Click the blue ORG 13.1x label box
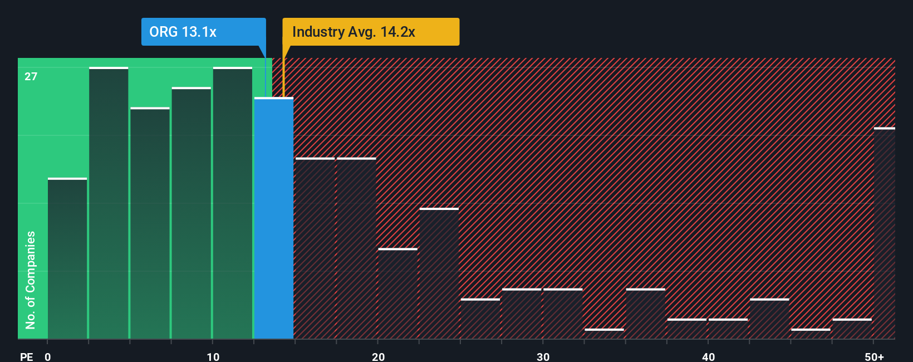coord(203,32)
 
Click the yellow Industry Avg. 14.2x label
coord(371,32)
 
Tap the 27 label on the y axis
coord(31,76)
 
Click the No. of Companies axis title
coord(31,280)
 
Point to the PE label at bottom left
coord(26,356)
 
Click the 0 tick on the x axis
coord(48,356)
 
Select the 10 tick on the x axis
coord(213,356)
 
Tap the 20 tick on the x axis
coord(378,356)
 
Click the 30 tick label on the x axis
coord(543,356)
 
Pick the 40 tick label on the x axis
coord(708,356)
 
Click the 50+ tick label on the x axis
coord(874,356)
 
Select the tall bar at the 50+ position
coord(884,234)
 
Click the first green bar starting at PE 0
coord(67,259)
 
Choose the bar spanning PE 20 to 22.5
coord(398,294)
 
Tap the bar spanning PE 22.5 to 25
coord(439,274)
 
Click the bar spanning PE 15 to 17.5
coord(315,249)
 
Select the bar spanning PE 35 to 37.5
coord(646,314)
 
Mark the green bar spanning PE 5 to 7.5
coord(150,223)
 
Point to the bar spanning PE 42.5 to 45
coord(769,319)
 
